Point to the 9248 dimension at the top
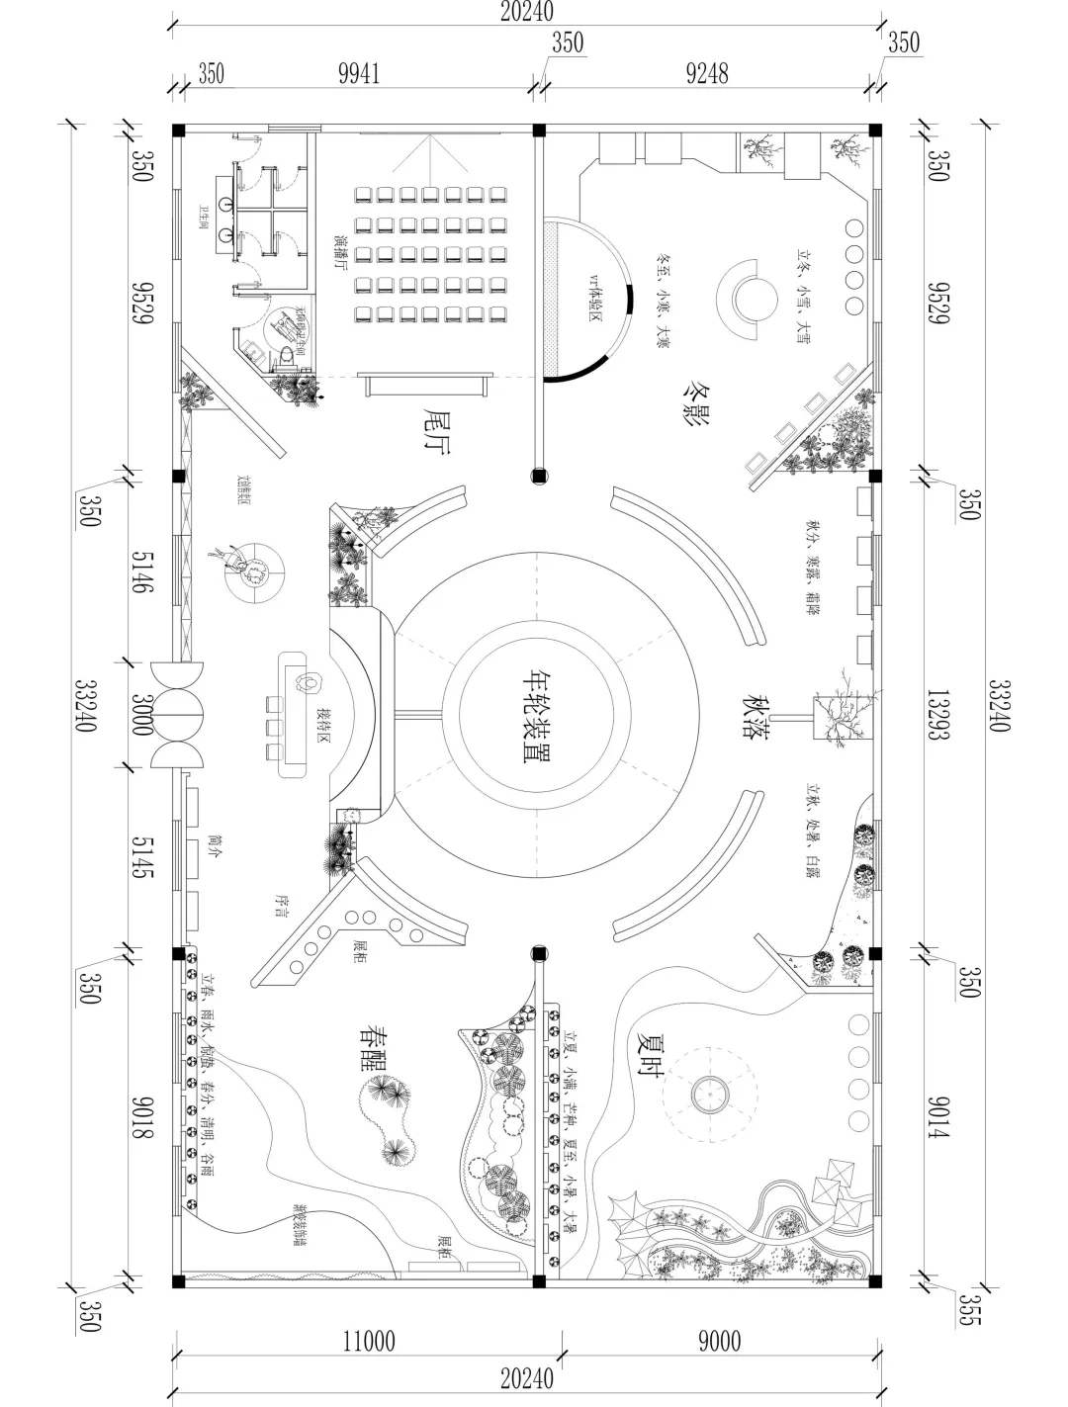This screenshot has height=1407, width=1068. click(707, 74)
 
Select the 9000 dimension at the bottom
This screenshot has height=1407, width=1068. click(718, 1341)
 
